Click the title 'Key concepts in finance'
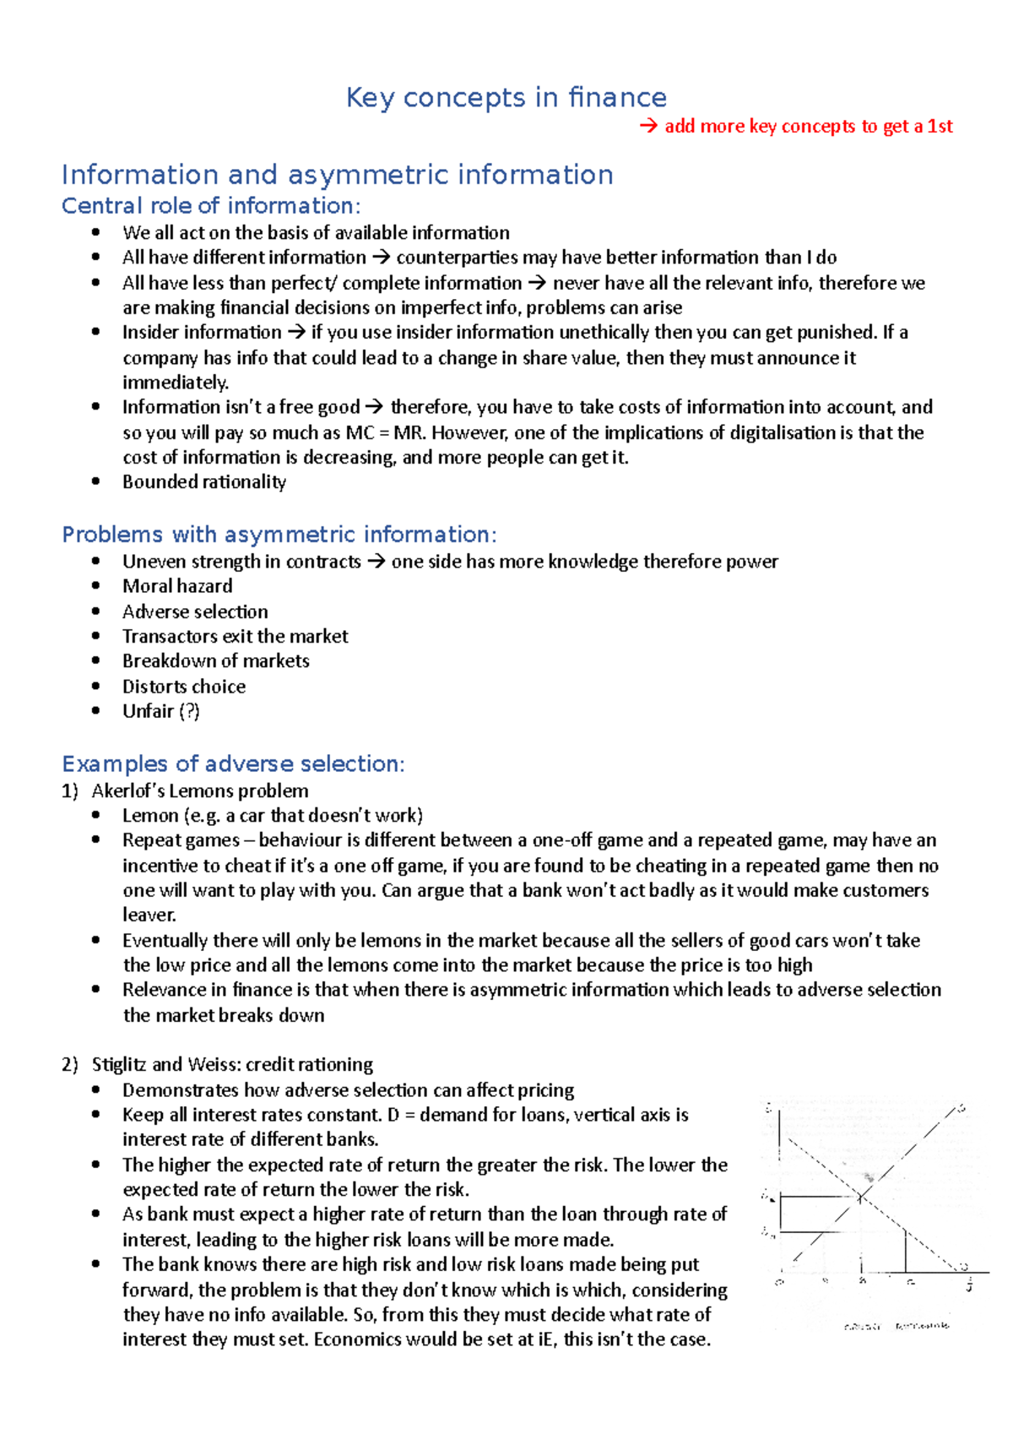(x=506, y=98)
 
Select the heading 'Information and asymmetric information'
(x=337, y=175)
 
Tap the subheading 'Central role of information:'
(x=211, y=206)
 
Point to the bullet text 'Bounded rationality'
(x=204, y=482)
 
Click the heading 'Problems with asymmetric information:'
(x=279, y=535)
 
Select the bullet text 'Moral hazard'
(x=177, y=586)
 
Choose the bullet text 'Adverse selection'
(x=195, y=611)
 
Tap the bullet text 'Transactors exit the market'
(x=235, y=636)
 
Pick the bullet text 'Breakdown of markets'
(x=215, y=661)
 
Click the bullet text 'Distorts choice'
(x=184, y=687)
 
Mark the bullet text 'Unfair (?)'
(x=160, y=711)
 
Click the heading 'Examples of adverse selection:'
(x=233, y=764)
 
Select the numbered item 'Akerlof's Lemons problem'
(x=200, y=791)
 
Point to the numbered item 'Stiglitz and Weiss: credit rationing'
(x=232, y=1065)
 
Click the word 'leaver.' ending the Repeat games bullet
(x=149, y=915)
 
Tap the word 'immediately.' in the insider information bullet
(x=176, y=383)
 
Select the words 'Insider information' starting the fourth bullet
(x=202, y=333)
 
